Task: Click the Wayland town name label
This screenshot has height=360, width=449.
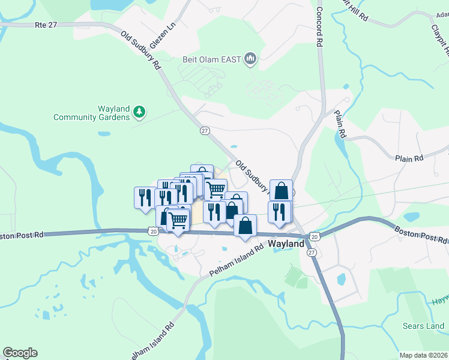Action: (288, 245)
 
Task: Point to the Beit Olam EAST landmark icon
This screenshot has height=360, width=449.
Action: (250, 59)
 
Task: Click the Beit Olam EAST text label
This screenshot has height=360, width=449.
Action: (212, 59)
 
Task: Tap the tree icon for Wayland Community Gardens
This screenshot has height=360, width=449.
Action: (139, 111)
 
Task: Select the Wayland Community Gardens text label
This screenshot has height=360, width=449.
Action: (91, 113)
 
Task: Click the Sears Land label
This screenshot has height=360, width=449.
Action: (424, 326)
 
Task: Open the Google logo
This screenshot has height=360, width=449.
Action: (20, 353)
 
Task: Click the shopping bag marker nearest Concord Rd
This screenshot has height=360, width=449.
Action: (281, 190)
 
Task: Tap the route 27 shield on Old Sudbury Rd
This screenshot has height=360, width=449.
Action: (205, 131)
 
